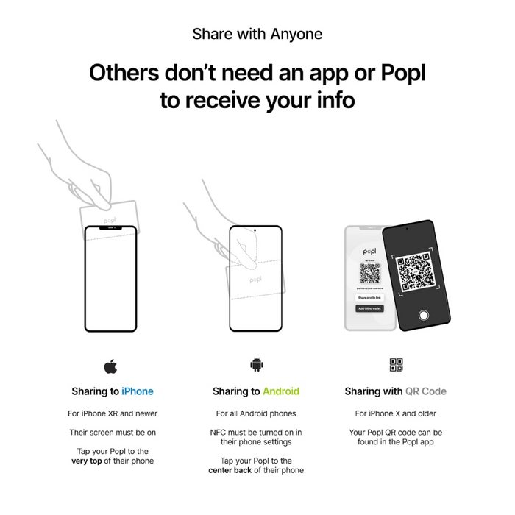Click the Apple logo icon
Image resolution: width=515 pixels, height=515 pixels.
[110, 365]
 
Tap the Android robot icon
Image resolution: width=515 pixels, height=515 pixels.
[256, 365]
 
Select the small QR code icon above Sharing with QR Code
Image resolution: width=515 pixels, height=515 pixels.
[396, 365]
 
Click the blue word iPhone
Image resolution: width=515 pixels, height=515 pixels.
[138, 391]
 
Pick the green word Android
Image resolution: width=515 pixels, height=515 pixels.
[281, 391]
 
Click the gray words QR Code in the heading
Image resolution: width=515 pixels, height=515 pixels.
[426, 391]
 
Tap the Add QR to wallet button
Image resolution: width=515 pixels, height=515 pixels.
[369, 309]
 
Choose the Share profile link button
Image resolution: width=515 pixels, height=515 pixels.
[369, 297]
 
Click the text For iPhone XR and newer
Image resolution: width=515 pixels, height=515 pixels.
[113, 413]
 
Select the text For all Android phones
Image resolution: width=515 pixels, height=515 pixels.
[256, 413]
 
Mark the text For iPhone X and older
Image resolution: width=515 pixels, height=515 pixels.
[396, 413]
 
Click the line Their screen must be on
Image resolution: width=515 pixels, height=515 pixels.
[113, 433]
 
